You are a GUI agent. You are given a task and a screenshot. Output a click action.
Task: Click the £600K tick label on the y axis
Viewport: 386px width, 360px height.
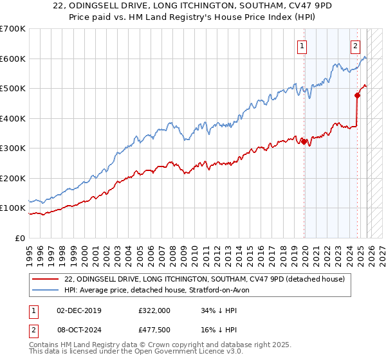[13, 59]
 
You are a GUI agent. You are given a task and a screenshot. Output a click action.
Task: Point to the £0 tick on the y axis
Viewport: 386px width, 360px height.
[20, 238]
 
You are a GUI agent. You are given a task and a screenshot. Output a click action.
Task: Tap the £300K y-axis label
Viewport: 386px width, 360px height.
[13, 148]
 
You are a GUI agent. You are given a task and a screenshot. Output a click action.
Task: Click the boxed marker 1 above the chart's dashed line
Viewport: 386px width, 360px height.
[302, 46]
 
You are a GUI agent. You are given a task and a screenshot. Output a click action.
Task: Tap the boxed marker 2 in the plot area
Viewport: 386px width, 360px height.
[355, 46]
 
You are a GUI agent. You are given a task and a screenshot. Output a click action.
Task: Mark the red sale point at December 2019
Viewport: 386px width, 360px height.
[304, 142]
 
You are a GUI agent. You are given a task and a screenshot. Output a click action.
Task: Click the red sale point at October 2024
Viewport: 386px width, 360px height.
[357, 96]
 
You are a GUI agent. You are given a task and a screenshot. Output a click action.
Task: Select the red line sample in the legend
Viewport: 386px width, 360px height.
[46, 279]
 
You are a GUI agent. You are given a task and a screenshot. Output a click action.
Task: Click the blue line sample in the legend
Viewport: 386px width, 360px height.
[46, 290]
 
